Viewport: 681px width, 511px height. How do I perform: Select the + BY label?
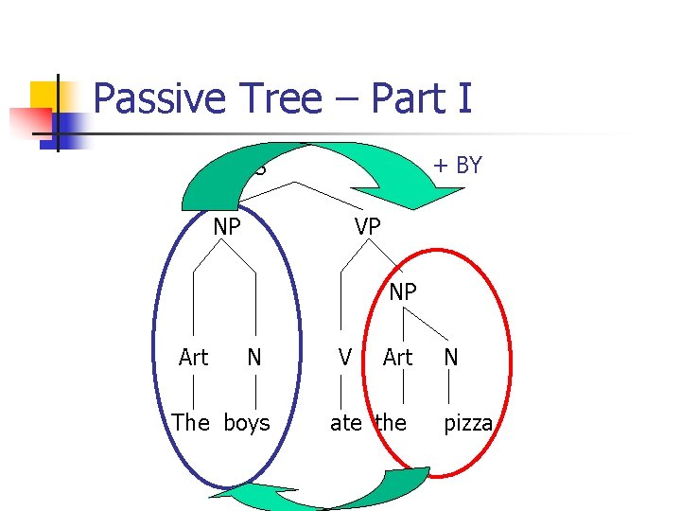457,166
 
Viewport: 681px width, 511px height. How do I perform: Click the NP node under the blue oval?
227,227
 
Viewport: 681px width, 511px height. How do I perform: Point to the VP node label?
368,227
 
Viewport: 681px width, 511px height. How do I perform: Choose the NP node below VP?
403,292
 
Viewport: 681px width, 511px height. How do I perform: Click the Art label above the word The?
193,358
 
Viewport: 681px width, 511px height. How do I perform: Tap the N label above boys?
254,358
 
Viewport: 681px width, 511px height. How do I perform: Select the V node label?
345,358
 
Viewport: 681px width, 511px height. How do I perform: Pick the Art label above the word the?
397,358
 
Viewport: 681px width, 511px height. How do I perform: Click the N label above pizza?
451,358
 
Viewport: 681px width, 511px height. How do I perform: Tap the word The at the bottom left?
191,423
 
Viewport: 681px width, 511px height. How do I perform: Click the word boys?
247,423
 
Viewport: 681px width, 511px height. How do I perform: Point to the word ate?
346,423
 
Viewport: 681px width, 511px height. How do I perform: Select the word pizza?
468,423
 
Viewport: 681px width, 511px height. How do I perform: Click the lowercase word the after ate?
391,423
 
